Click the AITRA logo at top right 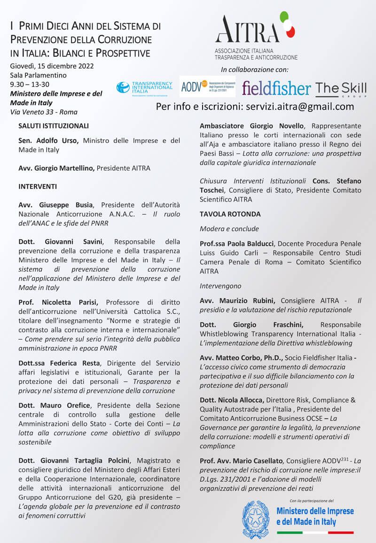point(255,35)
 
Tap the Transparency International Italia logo point(144,87)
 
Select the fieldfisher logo point(276,88)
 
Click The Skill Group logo point(341,88)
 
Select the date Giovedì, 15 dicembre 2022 point(52,66)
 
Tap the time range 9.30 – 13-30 point(30,84)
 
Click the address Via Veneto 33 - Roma point(44,112)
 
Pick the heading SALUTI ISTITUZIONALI point(54,126)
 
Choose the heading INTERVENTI point(38,186)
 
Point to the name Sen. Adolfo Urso point(48,140)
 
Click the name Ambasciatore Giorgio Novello point(251,126)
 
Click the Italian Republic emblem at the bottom point(256,519)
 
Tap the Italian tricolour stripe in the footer point(315,533)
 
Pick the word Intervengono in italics point(220,286)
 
